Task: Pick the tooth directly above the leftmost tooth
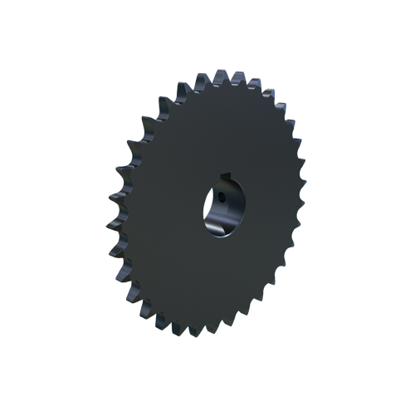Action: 118,177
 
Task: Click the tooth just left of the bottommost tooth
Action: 180,325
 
